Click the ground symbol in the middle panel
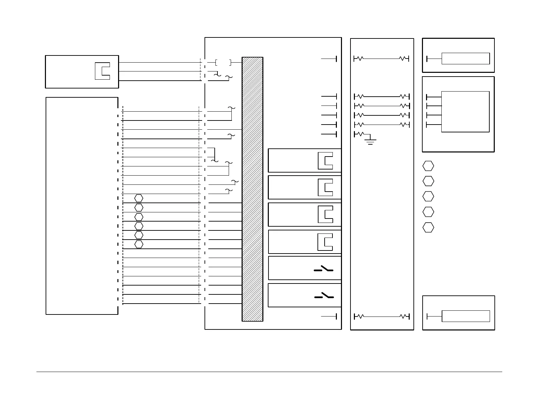tap(370, 141)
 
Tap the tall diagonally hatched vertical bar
tap(252, 189)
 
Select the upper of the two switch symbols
tap(324, 270)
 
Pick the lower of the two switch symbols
tap(324, 296)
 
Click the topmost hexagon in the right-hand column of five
tap(428, 166)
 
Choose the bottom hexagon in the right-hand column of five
tap(428, 227)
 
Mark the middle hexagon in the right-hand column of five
tap(428, 196)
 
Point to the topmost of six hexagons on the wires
tap(138, 198)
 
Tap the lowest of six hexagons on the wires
tap(138, 244)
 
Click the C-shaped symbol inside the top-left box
tap(102, 71)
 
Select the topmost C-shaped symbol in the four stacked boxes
tap(325, 161)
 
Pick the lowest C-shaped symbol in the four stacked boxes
tap(325, 242)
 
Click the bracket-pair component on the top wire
tap(223, 62)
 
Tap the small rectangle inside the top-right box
tap(465, 59)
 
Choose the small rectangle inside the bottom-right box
tap(465, 316)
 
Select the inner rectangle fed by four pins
tap(465, 112)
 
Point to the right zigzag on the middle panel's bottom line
tap(404, 317)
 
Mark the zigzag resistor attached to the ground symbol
tap(359, 134)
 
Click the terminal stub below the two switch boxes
tap(329, 317)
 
